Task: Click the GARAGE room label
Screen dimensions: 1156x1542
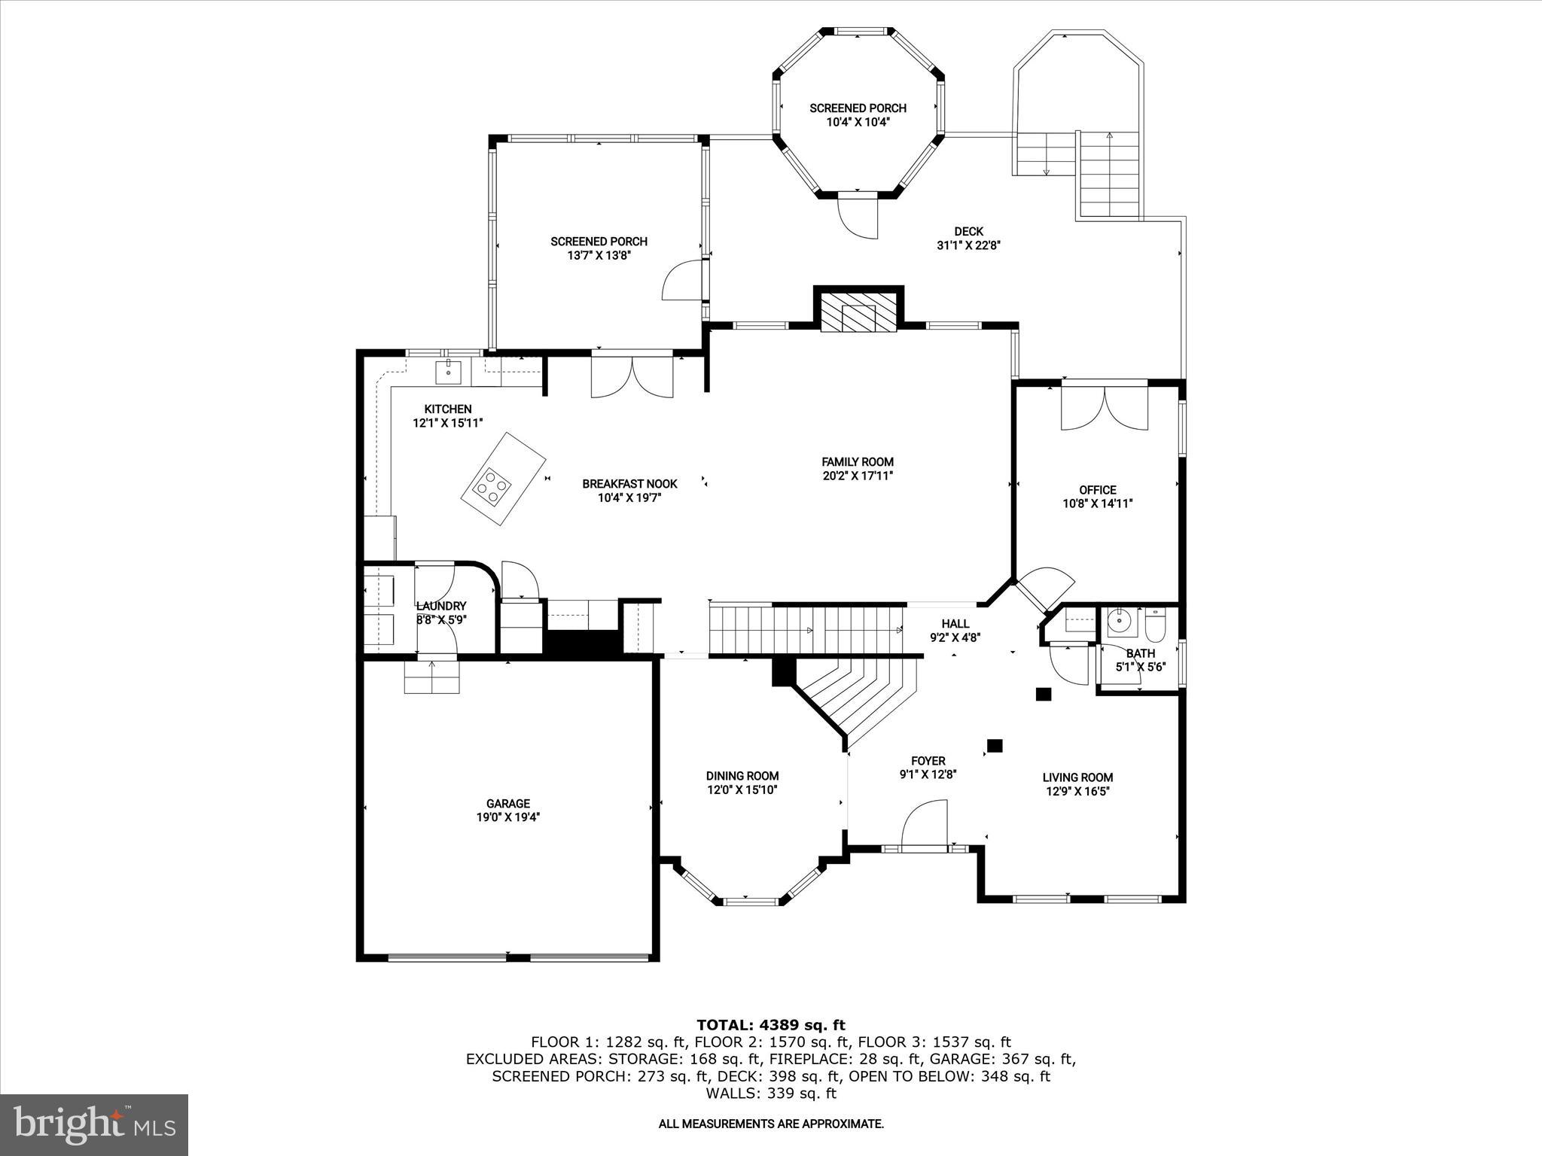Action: coord(507,803)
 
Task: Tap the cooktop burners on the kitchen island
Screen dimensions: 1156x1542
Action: coord(490,485)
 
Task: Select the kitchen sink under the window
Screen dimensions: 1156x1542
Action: coord(448,370)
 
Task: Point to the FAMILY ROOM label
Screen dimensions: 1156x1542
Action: coord(857,461)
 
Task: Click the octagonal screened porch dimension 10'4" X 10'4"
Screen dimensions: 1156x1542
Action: coord(858,122)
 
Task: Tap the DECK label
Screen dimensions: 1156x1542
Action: coord(968,231)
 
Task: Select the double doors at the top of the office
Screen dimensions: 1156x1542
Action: coord(1104,408)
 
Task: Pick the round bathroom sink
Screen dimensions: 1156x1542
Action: coord(1120,622)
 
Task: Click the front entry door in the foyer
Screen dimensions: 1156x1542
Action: coord(923,826)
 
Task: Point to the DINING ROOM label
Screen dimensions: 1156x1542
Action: coord(742,776)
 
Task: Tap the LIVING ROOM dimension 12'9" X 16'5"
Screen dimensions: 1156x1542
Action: coord(1077,791)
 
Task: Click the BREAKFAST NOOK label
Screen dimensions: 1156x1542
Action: coord(629,484)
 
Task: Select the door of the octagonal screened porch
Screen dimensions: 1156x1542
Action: coord(858,215)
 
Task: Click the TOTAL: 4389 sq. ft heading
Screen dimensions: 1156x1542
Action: coord(770,1024)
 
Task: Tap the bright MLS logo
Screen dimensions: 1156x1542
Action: coord(94,1124)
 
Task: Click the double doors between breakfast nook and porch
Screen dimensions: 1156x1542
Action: coord(632,376)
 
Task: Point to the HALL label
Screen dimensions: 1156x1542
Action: coord(955,623)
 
